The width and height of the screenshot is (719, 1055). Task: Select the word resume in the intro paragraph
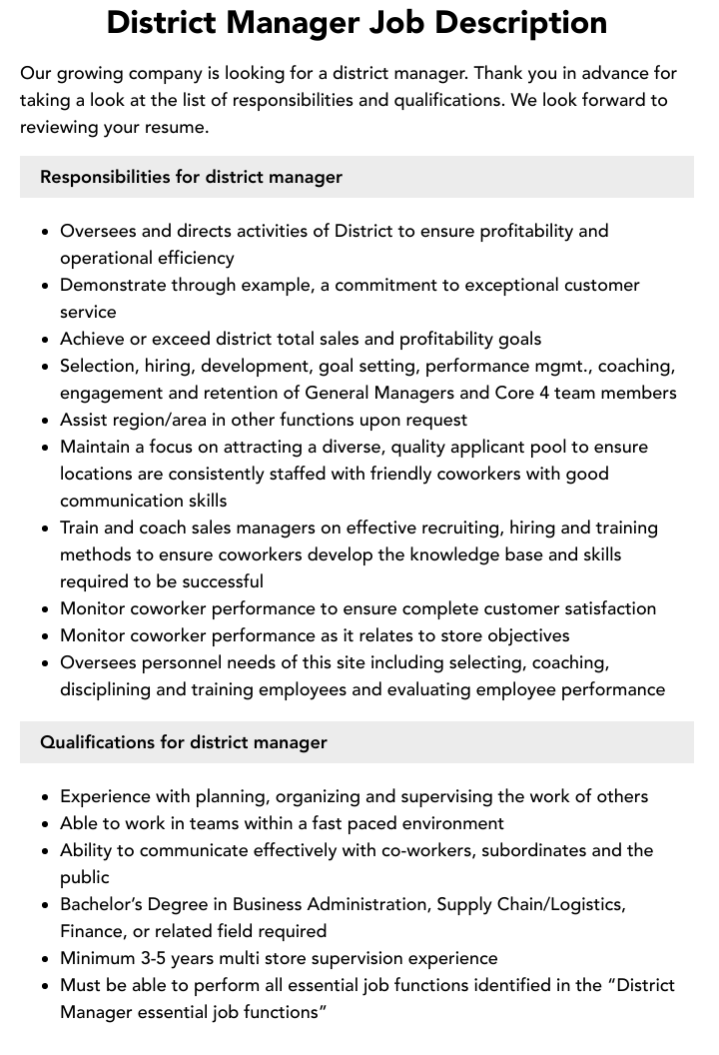[x=176, y=128]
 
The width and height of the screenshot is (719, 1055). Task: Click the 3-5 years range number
[x=157, y=958]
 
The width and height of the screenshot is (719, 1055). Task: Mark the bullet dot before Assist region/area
[x=46, y=421]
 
